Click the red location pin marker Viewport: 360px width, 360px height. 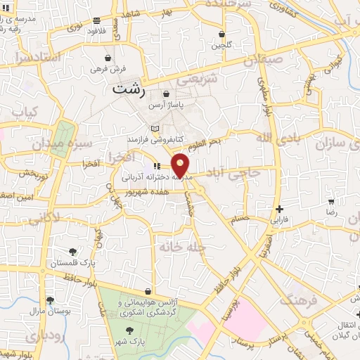click(x=181, y=165)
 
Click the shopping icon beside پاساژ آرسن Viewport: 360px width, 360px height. click(x=167, y=94)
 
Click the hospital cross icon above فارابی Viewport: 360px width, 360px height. click(x=280, y=209)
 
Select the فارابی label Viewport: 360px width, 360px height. click(x=280, y=219)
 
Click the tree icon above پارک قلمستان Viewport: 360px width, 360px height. click(x=72, y=251)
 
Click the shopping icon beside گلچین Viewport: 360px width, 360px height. click(x=221, y=34)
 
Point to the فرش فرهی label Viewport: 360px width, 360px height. click(x=108, y=70)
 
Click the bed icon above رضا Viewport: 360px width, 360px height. click(x=331, y=200)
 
